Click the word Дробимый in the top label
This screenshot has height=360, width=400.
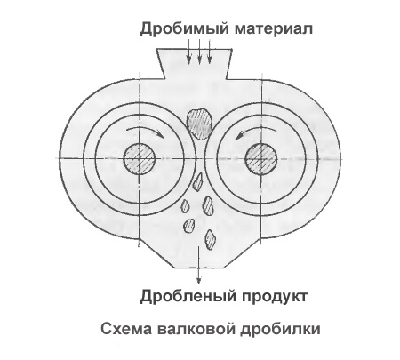(185, 29)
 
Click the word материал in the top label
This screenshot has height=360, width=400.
(274, 29)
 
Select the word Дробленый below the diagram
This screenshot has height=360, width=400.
(188, 296)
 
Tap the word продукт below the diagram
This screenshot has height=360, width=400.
(275, 297)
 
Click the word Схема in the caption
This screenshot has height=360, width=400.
(126, 329)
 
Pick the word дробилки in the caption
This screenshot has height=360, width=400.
(280, 329)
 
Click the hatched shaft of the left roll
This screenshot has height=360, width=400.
(139, 159)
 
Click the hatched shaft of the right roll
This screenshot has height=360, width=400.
(261, 159)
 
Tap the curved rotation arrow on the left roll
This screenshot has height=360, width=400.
(144, 128)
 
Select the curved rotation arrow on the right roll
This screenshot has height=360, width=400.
(256, 128)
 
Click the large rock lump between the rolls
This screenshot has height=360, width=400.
(199, 124)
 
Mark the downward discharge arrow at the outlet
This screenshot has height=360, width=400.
(199, 264)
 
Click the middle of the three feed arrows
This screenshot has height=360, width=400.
(199, 52)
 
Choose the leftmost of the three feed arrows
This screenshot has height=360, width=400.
(188, 52)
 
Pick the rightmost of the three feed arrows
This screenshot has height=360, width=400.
(210, 52)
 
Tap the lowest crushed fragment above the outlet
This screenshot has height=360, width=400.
(210, 239)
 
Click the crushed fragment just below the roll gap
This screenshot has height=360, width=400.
(197, 182)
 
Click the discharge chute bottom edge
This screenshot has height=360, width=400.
(199, 268)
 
